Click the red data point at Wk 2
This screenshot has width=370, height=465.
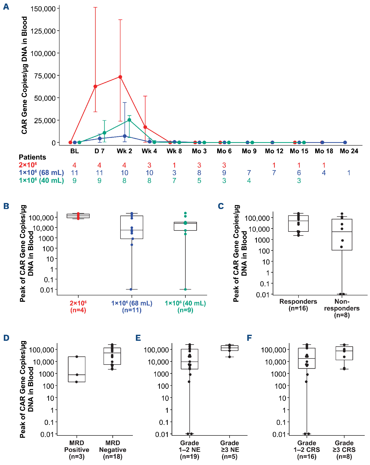120,77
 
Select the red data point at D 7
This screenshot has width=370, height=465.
95,86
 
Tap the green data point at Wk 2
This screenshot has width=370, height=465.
129,120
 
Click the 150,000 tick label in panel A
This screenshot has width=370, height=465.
43,9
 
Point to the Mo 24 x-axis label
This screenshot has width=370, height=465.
349,151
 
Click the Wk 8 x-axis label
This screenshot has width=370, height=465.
174,151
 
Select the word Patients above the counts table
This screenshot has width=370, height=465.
32,157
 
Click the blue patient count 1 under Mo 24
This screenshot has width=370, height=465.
349,173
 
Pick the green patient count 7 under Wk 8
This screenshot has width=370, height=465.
174,181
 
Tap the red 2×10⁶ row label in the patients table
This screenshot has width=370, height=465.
28,165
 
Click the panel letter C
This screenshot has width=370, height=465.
221,206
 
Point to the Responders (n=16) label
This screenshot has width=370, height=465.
298,305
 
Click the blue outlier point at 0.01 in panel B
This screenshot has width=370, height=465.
131,289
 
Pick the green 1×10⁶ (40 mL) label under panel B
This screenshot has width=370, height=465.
185,306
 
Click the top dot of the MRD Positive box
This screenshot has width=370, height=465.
77,357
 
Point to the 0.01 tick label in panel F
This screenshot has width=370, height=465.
279,434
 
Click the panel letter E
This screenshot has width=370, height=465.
138,338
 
